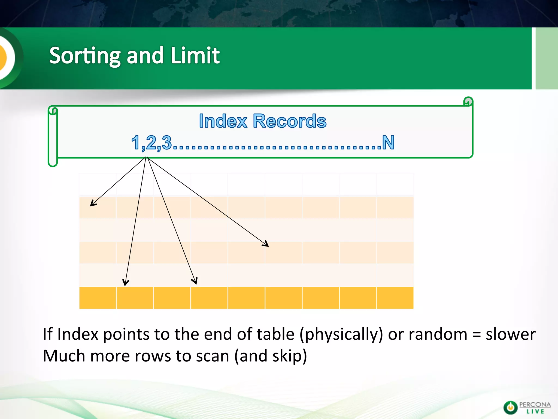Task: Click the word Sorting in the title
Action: click(x=85, y=56)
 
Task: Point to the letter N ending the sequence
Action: click(x=388, y=142)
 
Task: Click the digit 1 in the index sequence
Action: click(x=136, y=142)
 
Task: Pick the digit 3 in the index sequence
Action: click(x=167, y=142)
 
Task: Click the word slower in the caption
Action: click(x=510, y=334)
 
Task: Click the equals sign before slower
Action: click(x=476, y=335)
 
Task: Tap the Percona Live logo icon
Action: click(x=510, y=408)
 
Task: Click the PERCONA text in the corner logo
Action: click(x=535, y=404)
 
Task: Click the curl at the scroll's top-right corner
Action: click(x=468, y=101)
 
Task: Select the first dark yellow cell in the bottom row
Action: click(x=98, y=298)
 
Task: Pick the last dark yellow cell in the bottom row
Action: click(x=395, y=298)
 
